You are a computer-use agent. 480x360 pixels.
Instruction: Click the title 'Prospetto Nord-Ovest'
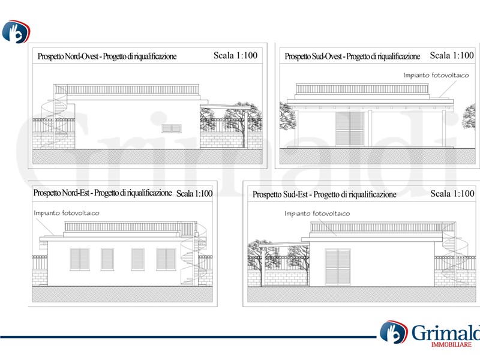tap(68, 56)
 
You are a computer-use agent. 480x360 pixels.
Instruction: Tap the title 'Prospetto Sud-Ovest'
tap(313, 56)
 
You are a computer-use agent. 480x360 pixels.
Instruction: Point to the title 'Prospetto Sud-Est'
tap(280, 194)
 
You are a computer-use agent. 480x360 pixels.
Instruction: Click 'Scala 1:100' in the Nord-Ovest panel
tap(235, 55)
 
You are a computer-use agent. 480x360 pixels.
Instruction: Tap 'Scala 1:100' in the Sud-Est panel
tap(452, 193)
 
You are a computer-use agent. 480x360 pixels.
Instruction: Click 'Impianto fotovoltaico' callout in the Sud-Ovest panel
tap(436, 76)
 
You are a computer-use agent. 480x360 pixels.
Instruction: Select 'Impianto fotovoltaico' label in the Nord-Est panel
tap(67, 213)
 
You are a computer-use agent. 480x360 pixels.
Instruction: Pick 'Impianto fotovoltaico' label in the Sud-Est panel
tap(317, 214)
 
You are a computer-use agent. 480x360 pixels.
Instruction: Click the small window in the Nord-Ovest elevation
tap(172, 128)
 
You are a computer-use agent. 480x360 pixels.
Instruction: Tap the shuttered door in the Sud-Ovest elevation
tap(350, 129)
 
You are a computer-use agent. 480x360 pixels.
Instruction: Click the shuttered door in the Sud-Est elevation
tap(338, 267)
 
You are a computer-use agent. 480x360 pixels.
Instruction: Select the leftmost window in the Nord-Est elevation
tap(80, 259)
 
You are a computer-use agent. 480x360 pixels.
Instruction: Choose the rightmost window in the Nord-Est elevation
tap(166, 259)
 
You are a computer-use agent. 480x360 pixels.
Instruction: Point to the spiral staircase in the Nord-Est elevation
tap(193, 254)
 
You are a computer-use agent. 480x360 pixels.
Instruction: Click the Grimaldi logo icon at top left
tap(16, 32)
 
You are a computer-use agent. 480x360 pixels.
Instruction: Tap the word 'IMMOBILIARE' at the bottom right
tap(451, 344)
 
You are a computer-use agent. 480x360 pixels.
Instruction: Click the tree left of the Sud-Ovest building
tap(287, 117)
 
